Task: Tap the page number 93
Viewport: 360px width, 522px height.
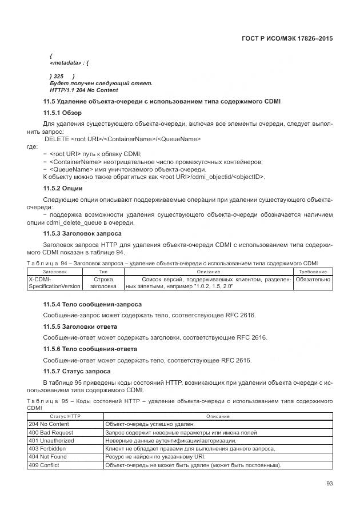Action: point(329,484)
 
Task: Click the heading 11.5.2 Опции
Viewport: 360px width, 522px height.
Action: point(63,188)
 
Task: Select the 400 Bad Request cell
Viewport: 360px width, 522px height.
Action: point(50,432)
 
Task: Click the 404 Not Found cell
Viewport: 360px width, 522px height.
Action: point(47,457)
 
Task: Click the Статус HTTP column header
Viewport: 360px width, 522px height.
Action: point(65,416)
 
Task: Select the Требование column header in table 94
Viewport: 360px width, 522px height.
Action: point(313,272)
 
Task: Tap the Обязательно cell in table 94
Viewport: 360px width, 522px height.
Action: point(313,280)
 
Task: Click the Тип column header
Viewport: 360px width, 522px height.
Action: point(103,272)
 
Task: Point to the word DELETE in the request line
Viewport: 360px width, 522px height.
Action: point(57,139)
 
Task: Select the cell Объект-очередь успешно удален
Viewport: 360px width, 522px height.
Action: point(150,424)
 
